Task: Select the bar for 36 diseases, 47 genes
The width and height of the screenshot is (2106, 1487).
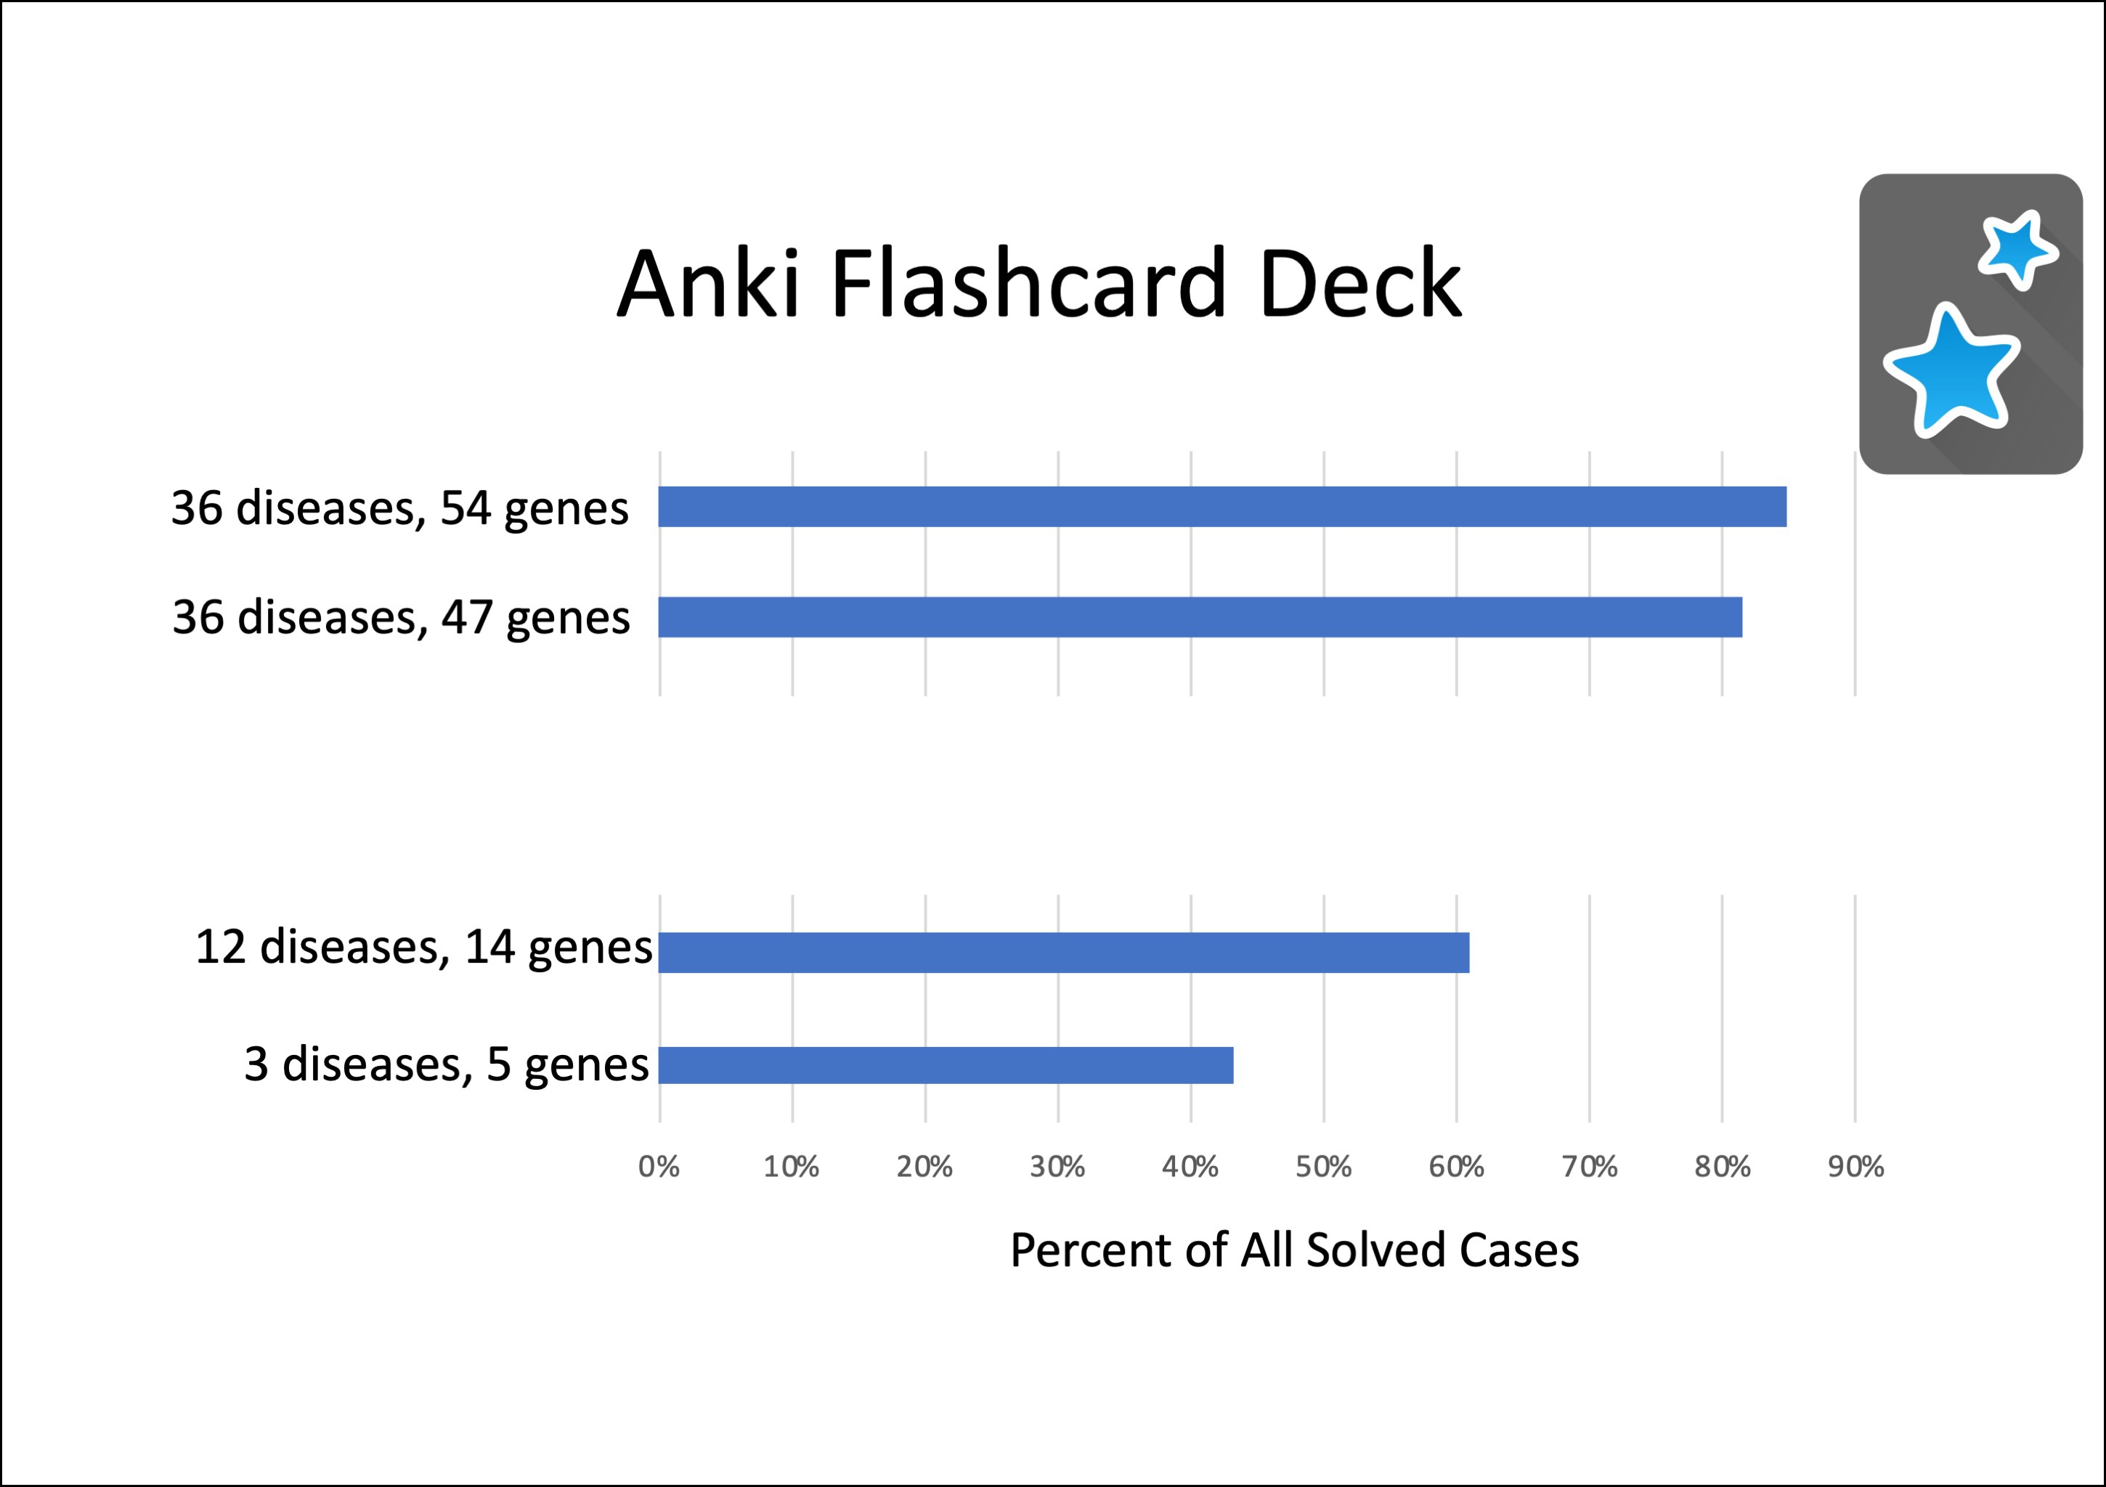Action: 1200,617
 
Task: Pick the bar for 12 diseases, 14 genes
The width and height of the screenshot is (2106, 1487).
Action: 1064,952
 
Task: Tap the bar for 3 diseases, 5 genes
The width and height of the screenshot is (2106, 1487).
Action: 946,1065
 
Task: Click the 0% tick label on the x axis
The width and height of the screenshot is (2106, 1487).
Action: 659,1167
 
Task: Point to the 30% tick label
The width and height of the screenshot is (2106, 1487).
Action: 1057,1167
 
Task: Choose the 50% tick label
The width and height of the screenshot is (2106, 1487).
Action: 1324,1167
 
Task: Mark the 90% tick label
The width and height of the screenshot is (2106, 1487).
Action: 1855,1167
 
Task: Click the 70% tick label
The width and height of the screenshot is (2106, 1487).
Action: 1590,1167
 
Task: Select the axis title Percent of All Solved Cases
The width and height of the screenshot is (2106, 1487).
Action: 1294,1250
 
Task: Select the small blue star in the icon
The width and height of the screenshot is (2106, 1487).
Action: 2016,248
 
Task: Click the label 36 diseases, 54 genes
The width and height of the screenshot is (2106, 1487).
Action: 400,508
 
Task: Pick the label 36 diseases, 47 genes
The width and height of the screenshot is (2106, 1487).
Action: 401,617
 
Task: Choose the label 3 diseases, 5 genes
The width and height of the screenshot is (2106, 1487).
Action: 447,1065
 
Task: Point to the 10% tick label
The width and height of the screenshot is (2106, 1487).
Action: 792,1167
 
